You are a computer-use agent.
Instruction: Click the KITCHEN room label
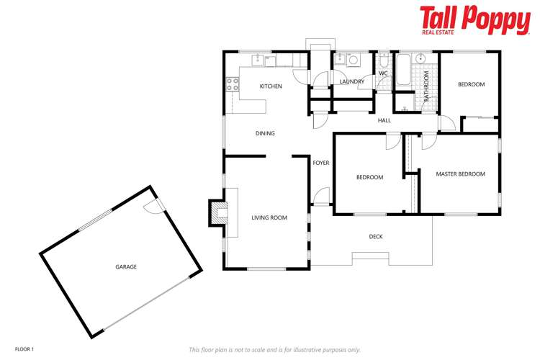click(x=271, y=86)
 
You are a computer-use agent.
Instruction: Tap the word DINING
click(x=265, y=133)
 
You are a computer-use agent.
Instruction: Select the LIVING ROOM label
click(x=269, y=217)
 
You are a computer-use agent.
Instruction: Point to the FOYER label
click(x=321, y=163)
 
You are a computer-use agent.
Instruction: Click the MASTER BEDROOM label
click(x=461, y=174)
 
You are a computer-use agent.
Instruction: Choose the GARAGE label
click(x=126, y=266)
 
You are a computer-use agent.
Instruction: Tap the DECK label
click(x=376, y=237)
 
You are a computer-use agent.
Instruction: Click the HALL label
click(x=384, y=120)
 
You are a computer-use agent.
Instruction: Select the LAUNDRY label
click(x=351, y=82)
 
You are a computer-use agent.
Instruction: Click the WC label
click(x=383, y=73)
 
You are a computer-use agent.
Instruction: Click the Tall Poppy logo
click(x=474, y=19)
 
